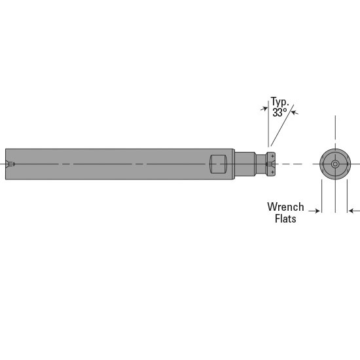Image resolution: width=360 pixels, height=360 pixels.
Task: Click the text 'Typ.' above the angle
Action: coord(280,102)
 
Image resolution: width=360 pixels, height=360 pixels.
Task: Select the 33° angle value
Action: coord(279,113)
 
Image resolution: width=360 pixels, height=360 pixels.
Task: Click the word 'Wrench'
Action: coord(285,207)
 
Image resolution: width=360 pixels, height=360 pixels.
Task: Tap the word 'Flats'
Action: coord(285,219)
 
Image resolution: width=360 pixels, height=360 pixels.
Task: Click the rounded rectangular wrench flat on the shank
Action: coord(219,164)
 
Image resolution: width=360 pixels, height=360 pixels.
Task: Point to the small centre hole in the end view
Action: coord(335,164)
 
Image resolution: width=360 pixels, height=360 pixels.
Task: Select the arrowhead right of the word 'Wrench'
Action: coord(317,211)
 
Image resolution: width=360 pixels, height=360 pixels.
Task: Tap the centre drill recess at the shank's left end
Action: coord(9,164)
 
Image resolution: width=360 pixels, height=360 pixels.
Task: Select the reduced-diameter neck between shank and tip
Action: coord(244,164)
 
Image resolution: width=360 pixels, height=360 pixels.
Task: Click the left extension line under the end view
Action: coord(321,196)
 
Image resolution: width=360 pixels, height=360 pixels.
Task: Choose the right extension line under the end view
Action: coord(347,196)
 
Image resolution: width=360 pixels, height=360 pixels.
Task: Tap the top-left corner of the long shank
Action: coord(6,149)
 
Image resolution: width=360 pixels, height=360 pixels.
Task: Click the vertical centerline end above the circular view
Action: coord(335,118)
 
